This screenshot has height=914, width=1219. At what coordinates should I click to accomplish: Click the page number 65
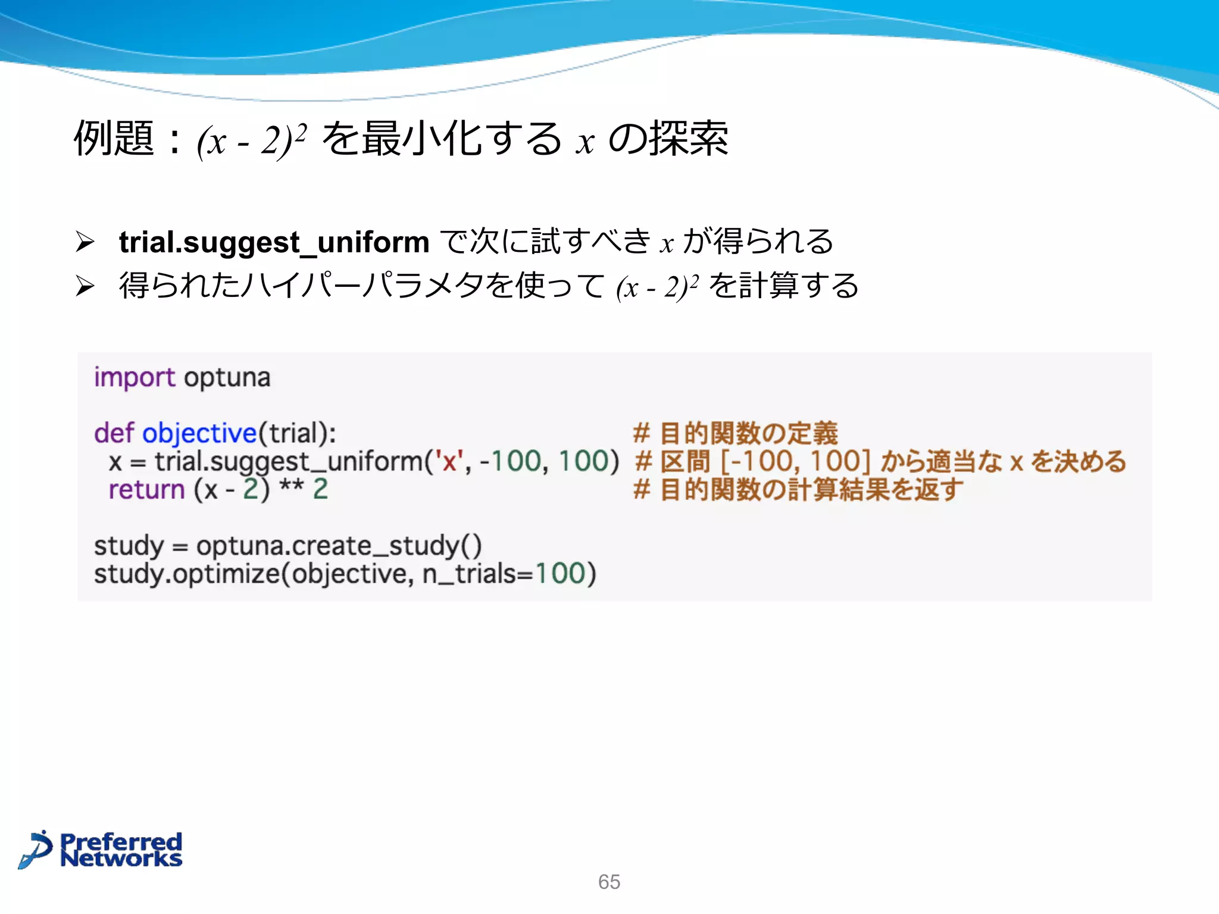[x=609, y=881]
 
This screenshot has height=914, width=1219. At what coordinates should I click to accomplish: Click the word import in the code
[x=135, y=378]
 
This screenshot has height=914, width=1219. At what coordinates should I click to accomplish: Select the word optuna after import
[x=227, y=378]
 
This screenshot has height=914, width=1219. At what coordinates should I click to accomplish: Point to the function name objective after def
[x=199, y=433]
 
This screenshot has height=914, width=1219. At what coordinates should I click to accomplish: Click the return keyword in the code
[x=146, y=490]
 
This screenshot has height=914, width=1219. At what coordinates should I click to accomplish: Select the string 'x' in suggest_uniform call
[x=449, y=462]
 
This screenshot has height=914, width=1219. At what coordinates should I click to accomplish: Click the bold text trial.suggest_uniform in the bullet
[x=274, y=242]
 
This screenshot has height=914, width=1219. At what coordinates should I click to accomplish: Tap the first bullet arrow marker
[x=85, y=242]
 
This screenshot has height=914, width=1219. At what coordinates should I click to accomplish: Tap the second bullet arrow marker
[x=85, y=286]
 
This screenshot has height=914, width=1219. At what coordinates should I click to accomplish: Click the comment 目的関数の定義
[x=748, y=433]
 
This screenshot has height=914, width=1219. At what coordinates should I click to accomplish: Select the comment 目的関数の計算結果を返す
[x=811, y=490]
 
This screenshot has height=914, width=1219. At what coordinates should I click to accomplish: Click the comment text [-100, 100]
[x=795, y=462]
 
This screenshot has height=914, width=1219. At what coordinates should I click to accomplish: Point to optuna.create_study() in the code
[x=339, y=546]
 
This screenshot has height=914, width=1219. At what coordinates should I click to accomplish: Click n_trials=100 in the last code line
[x=509, y=574]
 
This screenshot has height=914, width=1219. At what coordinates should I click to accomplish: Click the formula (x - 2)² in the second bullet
[x=657, y=287]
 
